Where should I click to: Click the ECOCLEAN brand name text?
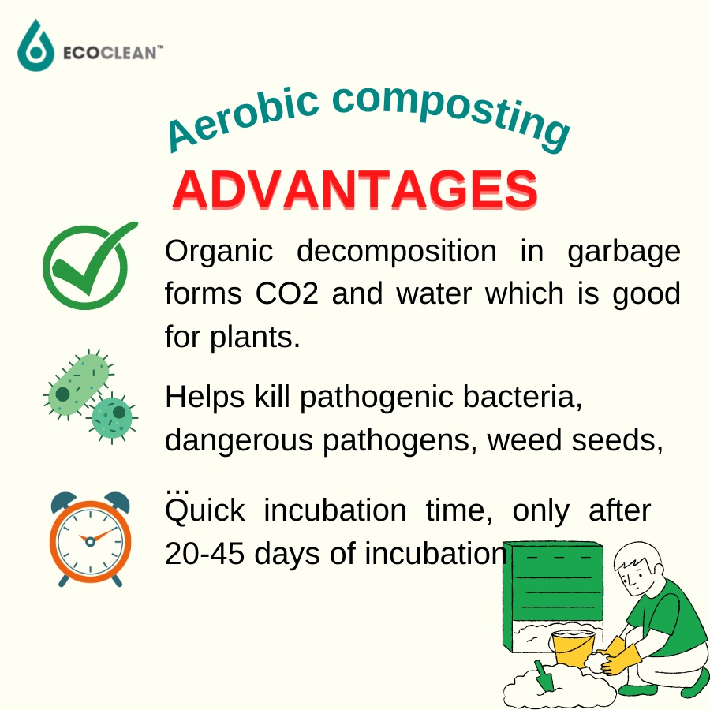pyautogui.click(x=113, y=53)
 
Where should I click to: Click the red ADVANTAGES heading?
pyautogui.click(x=355, y=189)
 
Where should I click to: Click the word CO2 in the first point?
pyautogui.click(x=286, y=293)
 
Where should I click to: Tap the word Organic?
pyautogui.click(x=219, y=252)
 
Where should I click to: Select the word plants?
pyautogui.click(x=255, y=338)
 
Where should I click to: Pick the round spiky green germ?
pyautogui.click(x=112, y=418)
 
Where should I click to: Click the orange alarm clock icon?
pyautogui.click(x=90, y=539)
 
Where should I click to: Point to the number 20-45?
pyautogui.click(x=204, y=553)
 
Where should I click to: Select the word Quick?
pyautogui.click(x=204, y=511)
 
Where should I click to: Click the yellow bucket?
pyautogui.click(x=573, y=649)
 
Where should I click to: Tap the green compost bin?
pyautogui.click(x=553, y=596)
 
